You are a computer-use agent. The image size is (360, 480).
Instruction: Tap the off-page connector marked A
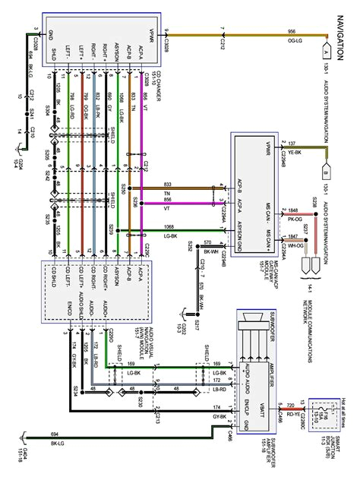pos(325,53)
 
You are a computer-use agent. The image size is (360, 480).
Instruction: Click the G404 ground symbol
pos(29,437)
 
